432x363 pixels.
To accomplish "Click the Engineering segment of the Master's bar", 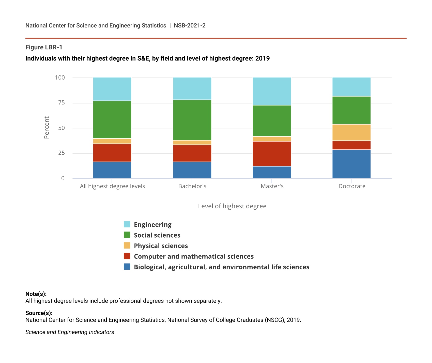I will (272, 91).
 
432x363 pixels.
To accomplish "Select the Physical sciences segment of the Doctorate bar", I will (351, 132).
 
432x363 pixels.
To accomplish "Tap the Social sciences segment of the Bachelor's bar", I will (192, 120).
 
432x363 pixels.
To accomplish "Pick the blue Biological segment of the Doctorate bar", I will (351, 164).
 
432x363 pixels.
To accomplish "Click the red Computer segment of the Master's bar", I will (272, 154).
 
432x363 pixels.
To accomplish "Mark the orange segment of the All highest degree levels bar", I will (112, 141).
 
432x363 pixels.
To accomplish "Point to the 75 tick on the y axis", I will (61, 103).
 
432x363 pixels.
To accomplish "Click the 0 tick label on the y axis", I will (63, 178).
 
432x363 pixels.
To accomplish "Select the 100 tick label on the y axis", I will (60, 77).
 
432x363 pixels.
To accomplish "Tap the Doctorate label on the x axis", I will (352, 186).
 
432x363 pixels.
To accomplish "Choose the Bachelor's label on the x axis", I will (192, 186).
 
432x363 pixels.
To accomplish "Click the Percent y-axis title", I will (47, 127).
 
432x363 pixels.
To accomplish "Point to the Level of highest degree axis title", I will (232, 206).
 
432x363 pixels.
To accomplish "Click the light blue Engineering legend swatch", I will (127, 224).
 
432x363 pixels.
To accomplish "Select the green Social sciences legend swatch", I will (127, 235).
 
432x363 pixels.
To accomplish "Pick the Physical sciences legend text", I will (161, 246).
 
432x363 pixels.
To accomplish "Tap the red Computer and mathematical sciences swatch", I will (127, 256).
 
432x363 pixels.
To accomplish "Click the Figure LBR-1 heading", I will (44, 47).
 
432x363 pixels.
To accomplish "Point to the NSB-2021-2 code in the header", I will (190, 25).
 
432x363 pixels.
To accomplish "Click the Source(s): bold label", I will (39, 313).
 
